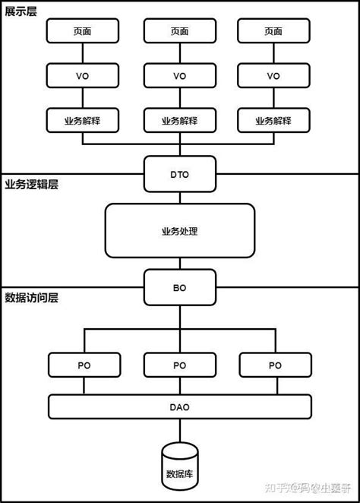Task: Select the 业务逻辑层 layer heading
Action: tap(31, 184)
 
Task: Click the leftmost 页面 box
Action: tap(84, 31)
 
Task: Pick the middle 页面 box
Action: tap(179, 31)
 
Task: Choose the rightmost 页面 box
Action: tap(273, 31)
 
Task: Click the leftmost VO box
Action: tap(84, 76)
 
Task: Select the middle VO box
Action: tap(179, 76)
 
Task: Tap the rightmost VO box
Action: tap(273, 76)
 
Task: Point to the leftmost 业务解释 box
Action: tap(84, 120)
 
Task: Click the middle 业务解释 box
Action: tap(179, 120)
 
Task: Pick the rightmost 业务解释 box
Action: tap(273, 120)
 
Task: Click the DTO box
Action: tap(179, 174)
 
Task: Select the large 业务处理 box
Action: tap(179, 229)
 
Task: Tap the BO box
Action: tap(179, 288)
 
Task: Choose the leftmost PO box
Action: tap(84, 365)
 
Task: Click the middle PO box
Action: tap(179, 365)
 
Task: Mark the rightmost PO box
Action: tap(273, 365)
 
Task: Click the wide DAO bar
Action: tap(179, 407)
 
